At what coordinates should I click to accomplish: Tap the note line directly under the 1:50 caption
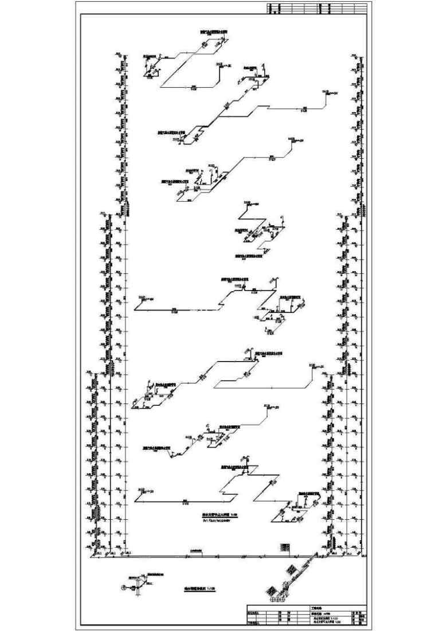(x=215, y=522)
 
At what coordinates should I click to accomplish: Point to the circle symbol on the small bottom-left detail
(x=123, y=586)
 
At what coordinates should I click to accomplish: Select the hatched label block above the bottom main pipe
(x=285, y=547)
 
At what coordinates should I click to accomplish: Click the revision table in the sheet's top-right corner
(x=317, y=9)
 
